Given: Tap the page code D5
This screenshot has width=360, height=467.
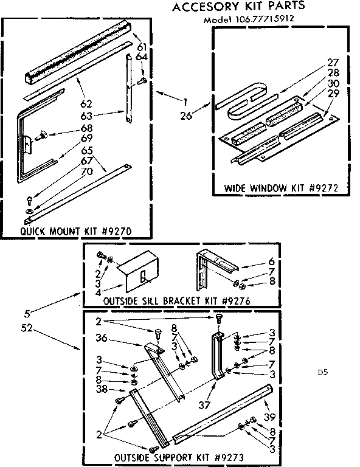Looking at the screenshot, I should (x=322, y=372).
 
